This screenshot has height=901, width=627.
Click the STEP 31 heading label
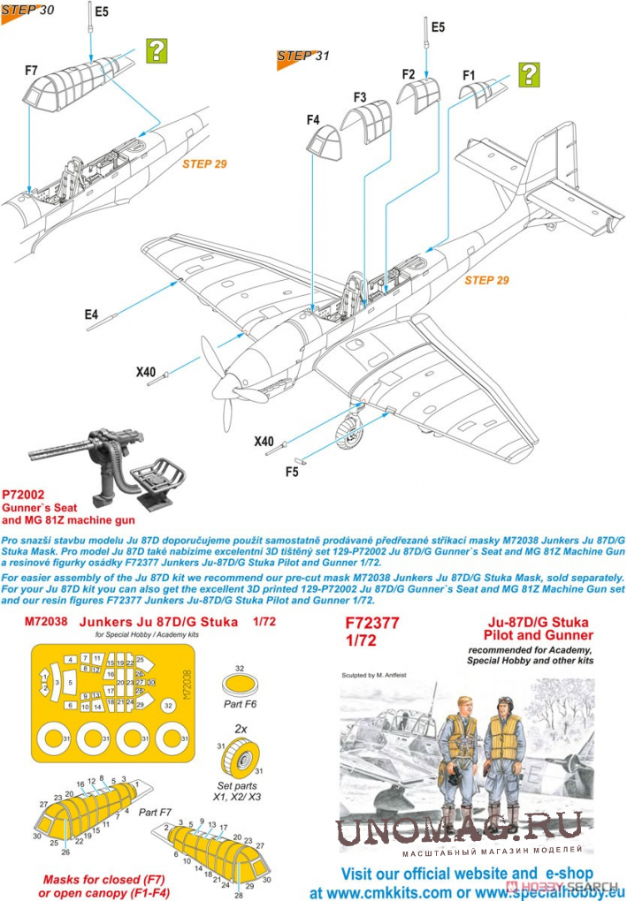click(x=302, y=57)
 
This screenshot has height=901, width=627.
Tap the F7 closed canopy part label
click(x=32, y=70)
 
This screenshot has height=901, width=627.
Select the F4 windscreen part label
click(x=313, y=119)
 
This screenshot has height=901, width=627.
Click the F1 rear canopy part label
click(x=470, y=75)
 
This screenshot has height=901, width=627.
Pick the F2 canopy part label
click(x=408, y=75)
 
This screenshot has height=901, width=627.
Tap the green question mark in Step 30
click(x=156, y=49)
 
